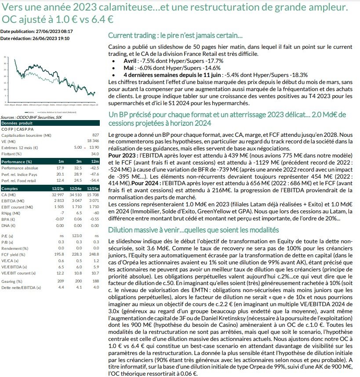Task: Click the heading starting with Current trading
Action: (175, 36)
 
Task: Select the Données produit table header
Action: (20, 123)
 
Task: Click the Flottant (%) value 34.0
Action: (95, 154)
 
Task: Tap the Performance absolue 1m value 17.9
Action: (61, 168)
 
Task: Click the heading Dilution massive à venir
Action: (193, 230)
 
